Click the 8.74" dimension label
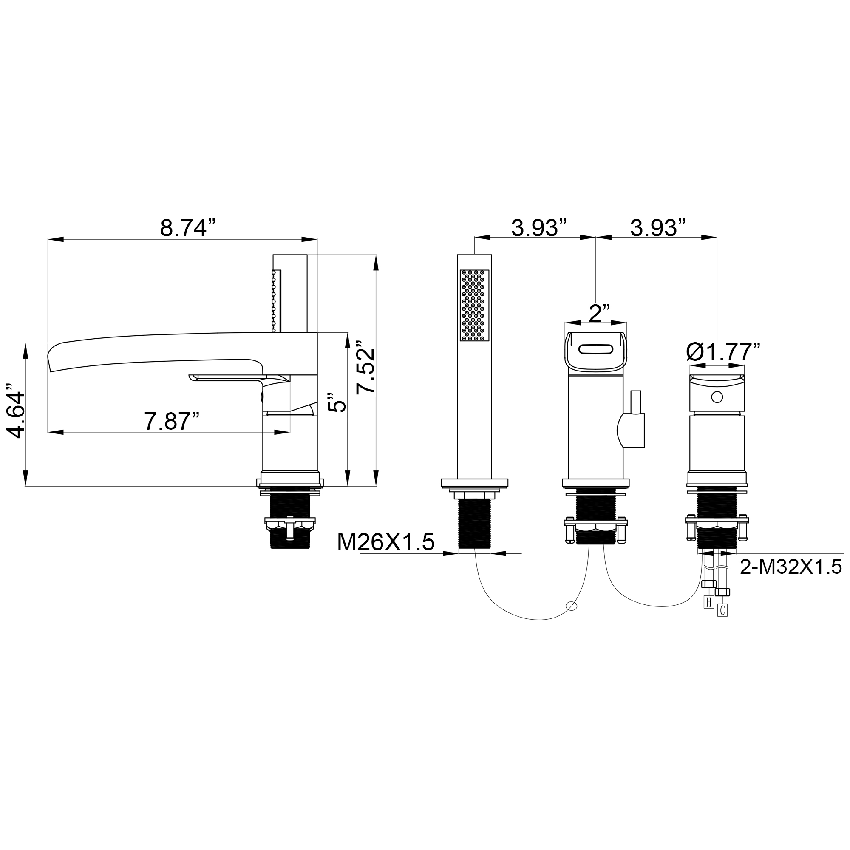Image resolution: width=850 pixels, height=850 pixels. [x=189, y=228]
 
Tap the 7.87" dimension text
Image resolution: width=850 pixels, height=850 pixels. [x=172, y=422]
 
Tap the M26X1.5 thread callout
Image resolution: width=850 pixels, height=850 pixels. [x=386, y=542]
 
